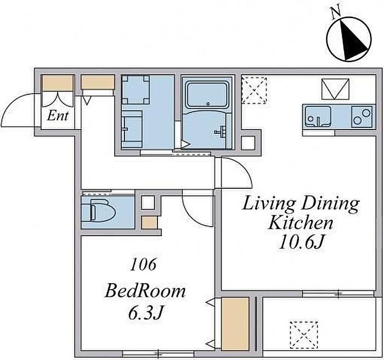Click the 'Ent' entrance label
click(58, 116)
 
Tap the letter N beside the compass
click(336, 13)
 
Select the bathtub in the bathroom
click(207, 95)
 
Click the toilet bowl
click(103, 211)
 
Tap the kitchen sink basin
click(318, 117)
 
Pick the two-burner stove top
click(362, 117)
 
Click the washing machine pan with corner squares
click(135, 89)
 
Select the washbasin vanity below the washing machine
click(132, 129)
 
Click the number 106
click(143, 265)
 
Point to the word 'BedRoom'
click(145, 291)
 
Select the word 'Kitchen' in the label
click(301, 223)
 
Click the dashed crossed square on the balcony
click(304, 335)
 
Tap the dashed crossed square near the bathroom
click(254, 90)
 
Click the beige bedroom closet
click(235, 323)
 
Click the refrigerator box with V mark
click(335, 89)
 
